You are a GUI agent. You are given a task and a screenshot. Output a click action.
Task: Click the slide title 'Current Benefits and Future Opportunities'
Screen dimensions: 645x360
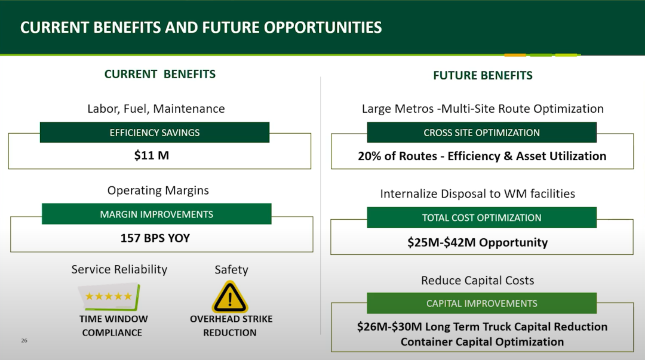click(x=201, y=27)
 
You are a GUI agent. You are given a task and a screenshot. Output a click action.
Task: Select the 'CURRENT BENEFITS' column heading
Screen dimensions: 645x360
click(x=160, y=74)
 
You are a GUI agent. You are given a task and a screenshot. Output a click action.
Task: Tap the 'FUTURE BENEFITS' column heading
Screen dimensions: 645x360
click(x=483, y=75)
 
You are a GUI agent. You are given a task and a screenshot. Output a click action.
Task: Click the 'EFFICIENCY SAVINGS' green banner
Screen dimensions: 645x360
click(x=155, y=133)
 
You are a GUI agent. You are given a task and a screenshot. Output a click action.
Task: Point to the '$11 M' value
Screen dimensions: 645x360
click(x=151, y=155)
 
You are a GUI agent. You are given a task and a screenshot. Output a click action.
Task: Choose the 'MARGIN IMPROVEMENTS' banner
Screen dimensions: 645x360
click(x=156, y=214)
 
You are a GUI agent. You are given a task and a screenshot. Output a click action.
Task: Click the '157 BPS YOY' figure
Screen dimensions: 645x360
click(x=155, y=238)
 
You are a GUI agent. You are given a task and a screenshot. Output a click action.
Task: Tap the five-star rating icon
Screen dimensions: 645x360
click(x=109, y=296)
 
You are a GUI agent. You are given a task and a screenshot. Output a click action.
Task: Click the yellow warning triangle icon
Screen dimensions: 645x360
click(x=230, y=297)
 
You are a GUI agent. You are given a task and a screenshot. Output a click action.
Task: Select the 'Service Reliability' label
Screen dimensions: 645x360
click(x=119, y=269)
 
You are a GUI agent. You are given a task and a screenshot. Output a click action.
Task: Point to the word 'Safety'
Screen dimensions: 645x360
click(x=231, y=270)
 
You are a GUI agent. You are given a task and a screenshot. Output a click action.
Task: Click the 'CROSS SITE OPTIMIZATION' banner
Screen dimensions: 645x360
click(x=482, y=133)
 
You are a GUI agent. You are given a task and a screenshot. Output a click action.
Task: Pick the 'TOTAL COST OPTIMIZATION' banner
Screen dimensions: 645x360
click(x=482, y=218)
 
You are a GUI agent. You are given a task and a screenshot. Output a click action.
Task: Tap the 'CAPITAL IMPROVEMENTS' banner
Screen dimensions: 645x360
click(x=482, y=303)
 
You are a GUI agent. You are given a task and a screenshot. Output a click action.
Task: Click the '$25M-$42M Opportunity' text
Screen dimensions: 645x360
click(x=478, y=242)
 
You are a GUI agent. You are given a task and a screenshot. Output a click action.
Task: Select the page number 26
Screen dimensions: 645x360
click(x=24, y=341)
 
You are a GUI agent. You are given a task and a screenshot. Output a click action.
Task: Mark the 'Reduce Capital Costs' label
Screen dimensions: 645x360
click(x=478, y=281)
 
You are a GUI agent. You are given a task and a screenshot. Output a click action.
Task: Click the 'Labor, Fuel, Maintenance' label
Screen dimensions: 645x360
click(x=156, y=109)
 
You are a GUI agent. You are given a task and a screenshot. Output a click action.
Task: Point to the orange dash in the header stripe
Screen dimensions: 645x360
click(x=515, y=55)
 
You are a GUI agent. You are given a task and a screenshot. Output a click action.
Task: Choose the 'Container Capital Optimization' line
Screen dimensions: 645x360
click(x=482, y=342)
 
